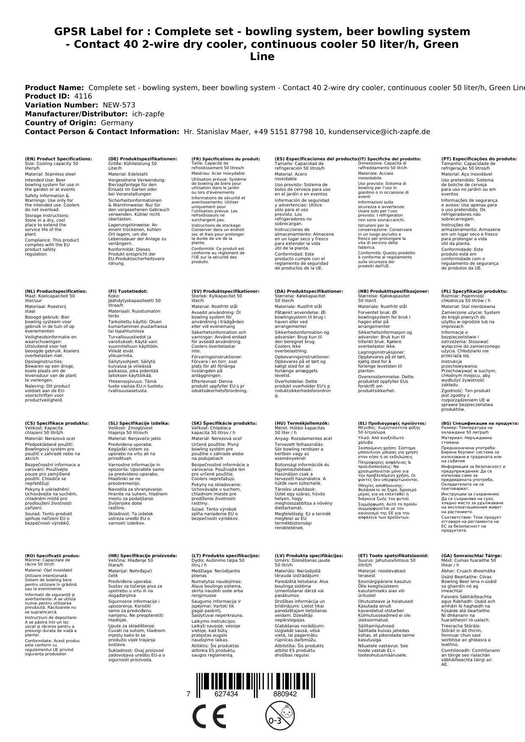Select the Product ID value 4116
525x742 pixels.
pyautogui.click(x=83, y=96)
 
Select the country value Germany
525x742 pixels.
pyautogui.click(x=117, y=123)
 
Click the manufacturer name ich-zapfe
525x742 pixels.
pyautogui.click(x=148, y=114)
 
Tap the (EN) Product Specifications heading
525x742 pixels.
pyautogui.click(x=58, y=159)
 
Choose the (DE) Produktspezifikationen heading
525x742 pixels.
pyautogui.click(x=143, y=159)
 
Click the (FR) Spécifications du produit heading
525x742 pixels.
pyautogui.click(x=225, y=159)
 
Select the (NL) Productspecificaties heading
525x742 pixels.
pyautogui.click(x=55, y=291)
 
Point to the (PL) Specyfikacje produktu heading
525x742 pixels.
pyautogui.click(x=474, y=291)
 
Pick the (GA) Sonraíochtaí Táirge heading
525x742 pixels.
pyautogui.click(x=471, y=556)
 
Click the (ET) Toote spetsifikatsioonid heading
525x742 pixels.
pyautogui.click(x=393, y=556)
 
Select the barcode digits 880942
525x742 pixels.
pyautogui.click(x=285, y=694)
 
